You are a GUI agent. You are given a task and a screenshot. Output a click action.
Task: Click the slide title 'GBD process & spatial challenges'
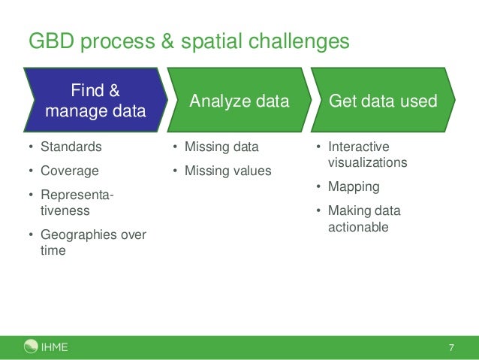[188, 41]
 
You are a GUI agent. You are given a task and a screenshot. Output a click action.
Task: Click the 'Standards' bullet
[71, 147]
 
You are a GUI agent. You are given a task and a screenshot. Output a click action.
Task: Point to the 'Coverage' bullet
[69, 171]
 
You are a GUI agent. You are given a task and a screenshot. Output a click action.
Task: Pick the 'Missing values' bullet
[227, 171]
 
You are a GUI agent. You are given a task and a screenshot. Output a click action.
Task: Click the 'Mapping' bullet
[354, 186]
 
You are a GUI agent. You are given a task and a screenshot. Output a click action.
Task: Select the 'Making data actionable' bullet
[364, 219]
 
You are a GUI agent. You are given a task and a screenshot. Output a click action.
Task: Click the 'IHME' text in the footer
[53, 347]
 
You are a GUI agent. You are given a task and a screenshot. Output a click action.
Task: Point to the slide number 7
[451, 347]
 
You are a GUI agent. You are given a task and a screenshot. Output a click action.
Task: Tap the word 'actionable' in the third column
[358, 226]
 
